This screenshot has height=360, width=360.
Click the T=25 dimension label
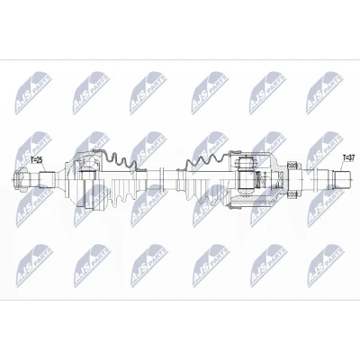37,160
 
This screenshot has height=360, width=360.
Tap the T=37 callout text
348,157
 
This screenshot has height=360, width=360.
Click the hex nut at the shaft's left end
21,180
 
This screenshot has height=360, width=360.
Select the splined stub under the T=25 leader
47,180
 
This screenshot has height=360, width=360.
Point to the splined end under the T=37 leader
343,180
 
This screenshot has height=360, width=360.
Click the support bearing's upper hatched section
292,165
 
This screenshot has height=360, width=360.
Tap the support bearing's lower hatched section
292,195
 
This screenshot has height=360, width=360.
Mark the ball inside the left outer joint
89,162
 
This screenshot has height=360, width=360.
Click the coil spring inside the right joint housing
264,181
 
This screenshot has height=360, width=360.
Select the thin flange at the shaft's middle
161,179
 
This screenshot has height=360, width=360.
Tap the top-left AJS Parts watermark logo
34,93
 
